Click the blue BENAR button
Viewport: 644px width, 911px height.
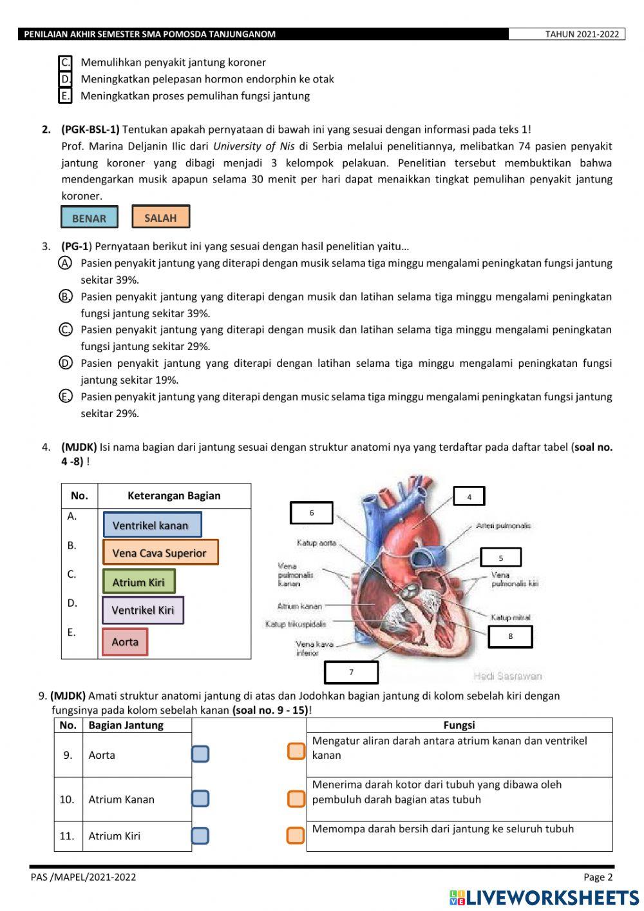click(90, 217)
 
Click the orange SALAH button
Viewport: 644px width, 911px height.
click(160, 217)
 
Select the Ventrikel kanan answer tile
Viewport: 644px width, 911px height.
click(152, 525)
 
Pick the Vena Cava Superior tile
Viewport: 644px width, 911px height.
click(160, 553)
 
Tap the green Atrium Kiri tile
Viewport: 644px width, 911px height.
click(138, 582)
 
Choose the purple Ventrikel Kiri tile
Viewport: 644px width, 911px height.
click(143, 610)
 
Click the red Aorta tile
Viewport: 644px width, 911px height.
click(125, 642)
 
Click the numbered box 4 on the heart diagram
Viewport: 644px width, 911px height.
click(469, 496)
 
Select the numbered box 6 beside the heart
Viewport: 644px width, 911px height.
click(312, 513)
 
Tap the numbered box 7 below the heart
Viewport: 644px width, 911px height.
click(351, 672)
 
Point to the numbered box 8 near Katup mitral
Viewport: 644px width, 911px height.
click(510, 636)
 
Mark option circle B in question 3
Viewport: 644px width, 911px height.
click(65, 297)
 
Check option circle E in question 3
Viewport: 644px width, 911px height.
click(65, 397)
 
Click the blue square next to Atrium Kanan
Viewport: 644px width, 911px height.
click(200, 799)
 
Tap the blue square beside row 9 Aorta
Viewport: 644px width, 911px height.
click(200, 754)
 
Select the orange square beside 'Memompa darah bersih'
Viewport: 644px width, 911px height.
click(296, 836)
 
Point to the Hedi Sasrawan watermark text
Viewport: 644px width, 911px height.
click(507, 676)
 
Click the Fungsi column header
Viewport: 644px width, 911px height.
click(459, 725)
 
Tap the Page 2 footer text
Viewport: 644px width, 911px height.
click(598, 877)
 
